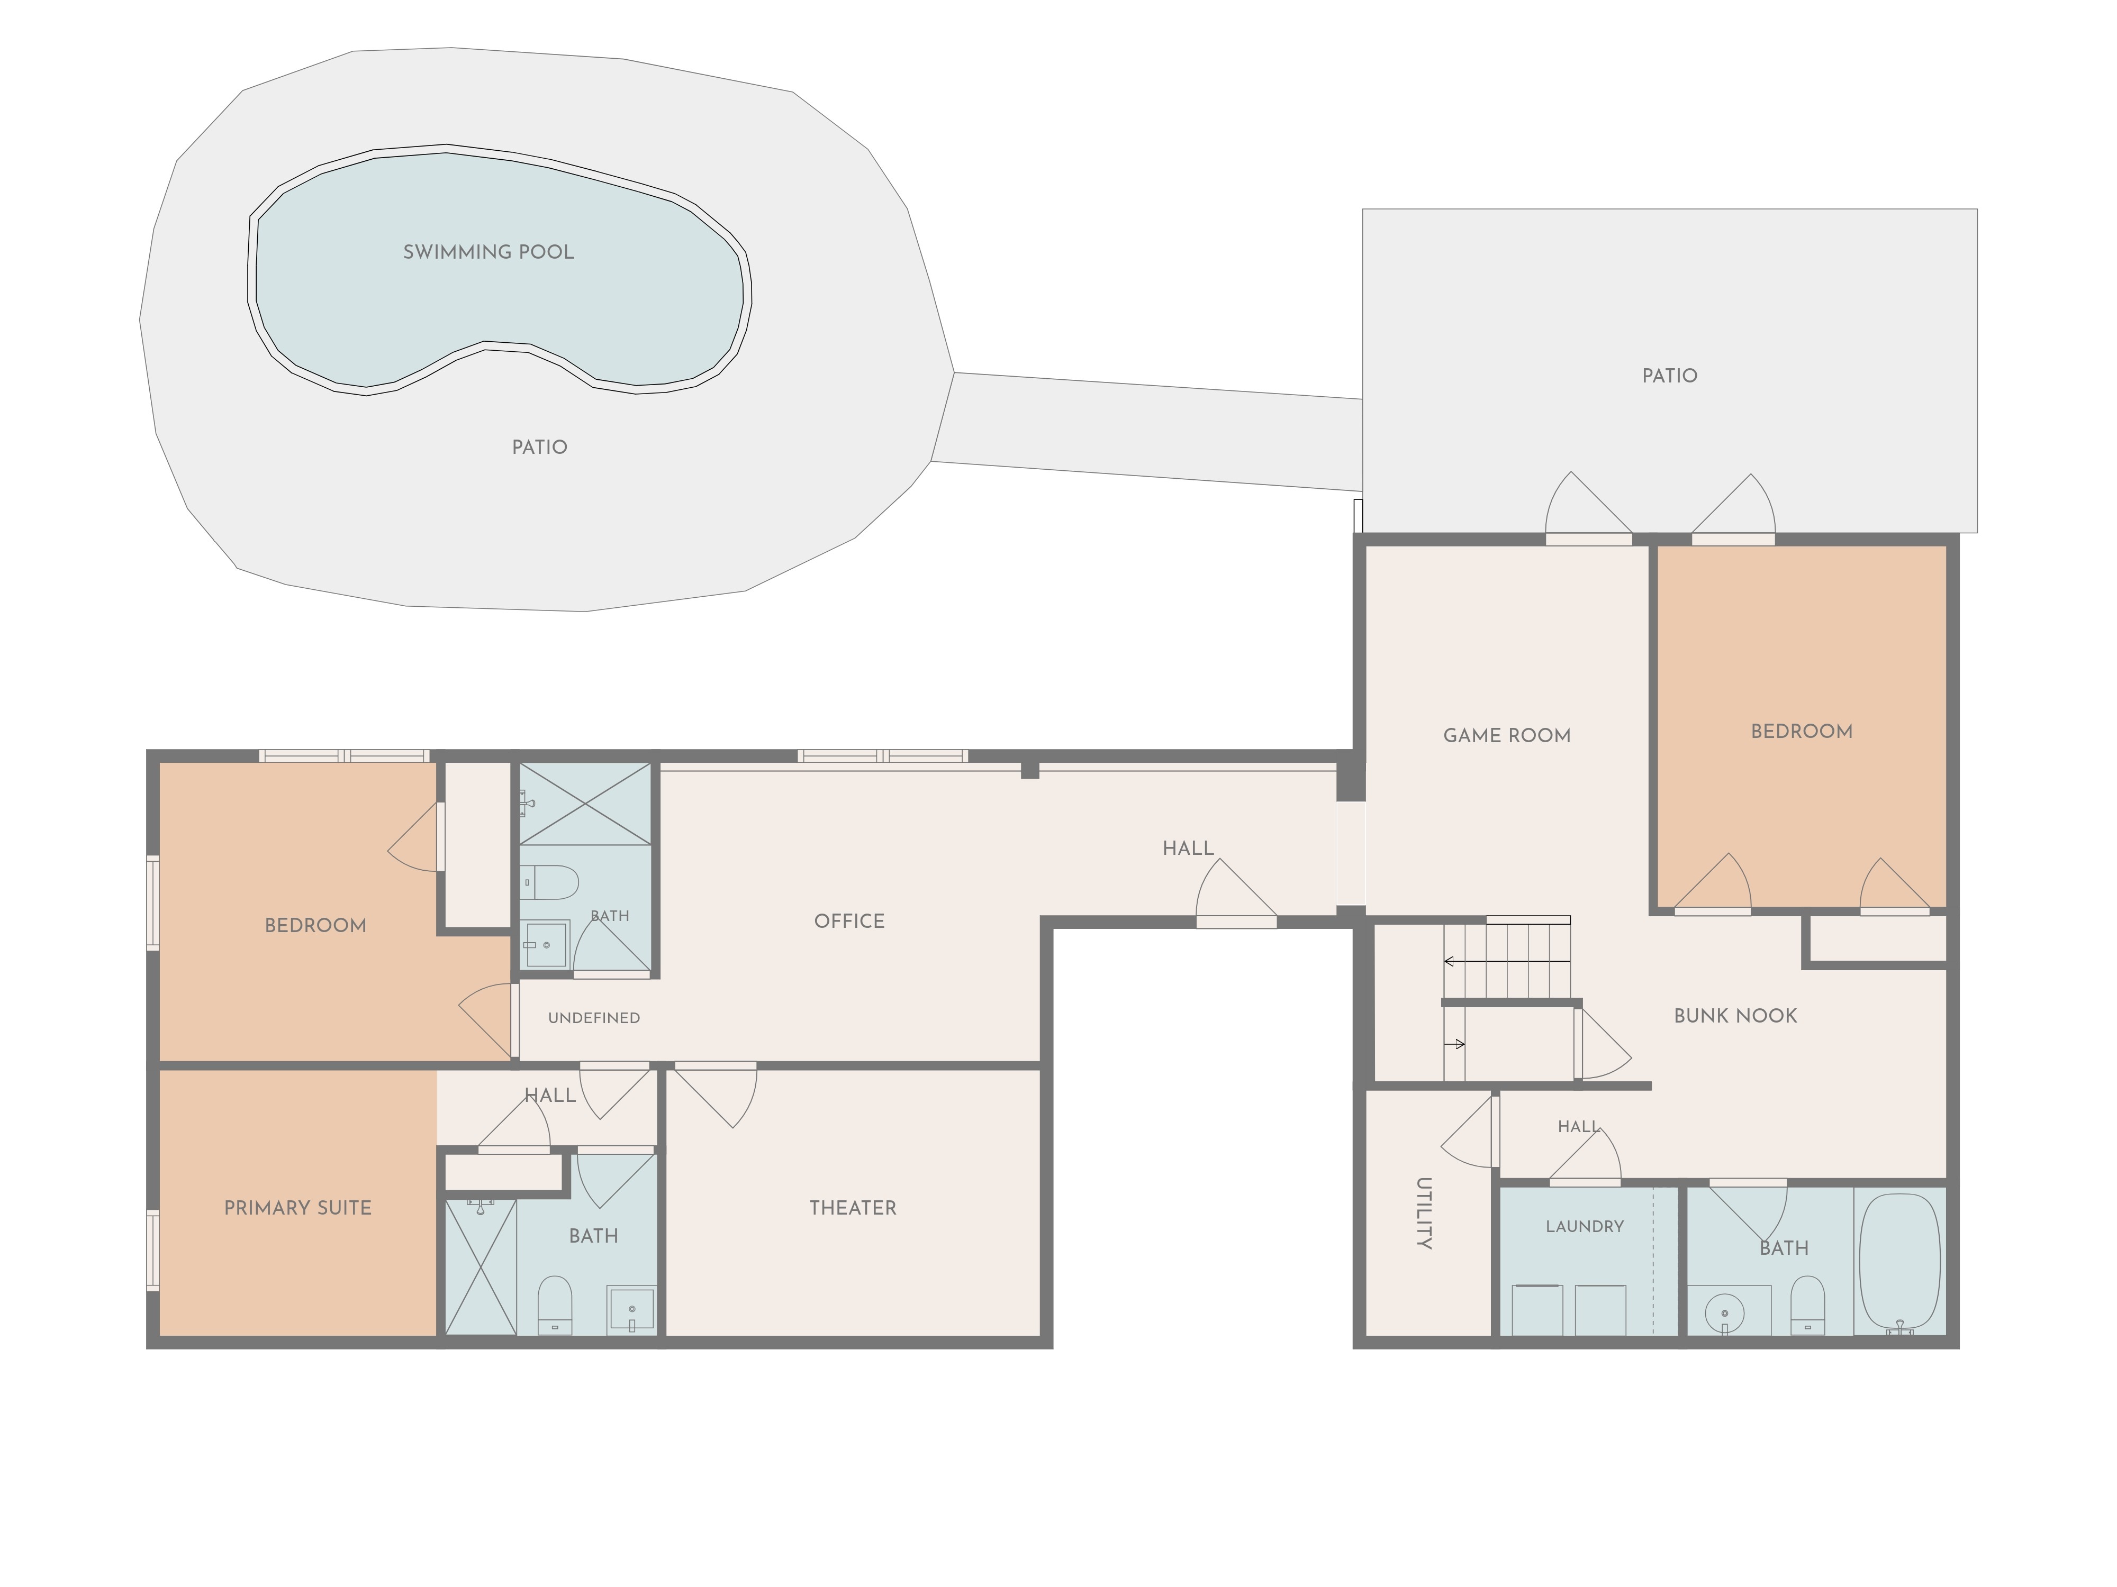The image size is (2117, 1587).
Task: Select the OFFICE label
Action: (x=849, y=921)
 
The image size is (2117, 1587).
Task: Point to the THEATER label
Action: (x=853, y=1208)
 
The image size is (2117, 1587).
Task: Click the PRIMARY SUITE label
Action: (x=297, y=1208)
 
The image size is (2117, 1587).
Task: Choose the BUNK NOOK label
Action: (x=1735, y=1016)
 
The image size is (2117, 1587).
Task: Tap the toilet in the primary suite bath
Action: (x=555, y=1304)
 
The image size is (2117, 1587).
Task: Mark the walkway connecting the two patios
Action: (x=1146, y=432)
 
